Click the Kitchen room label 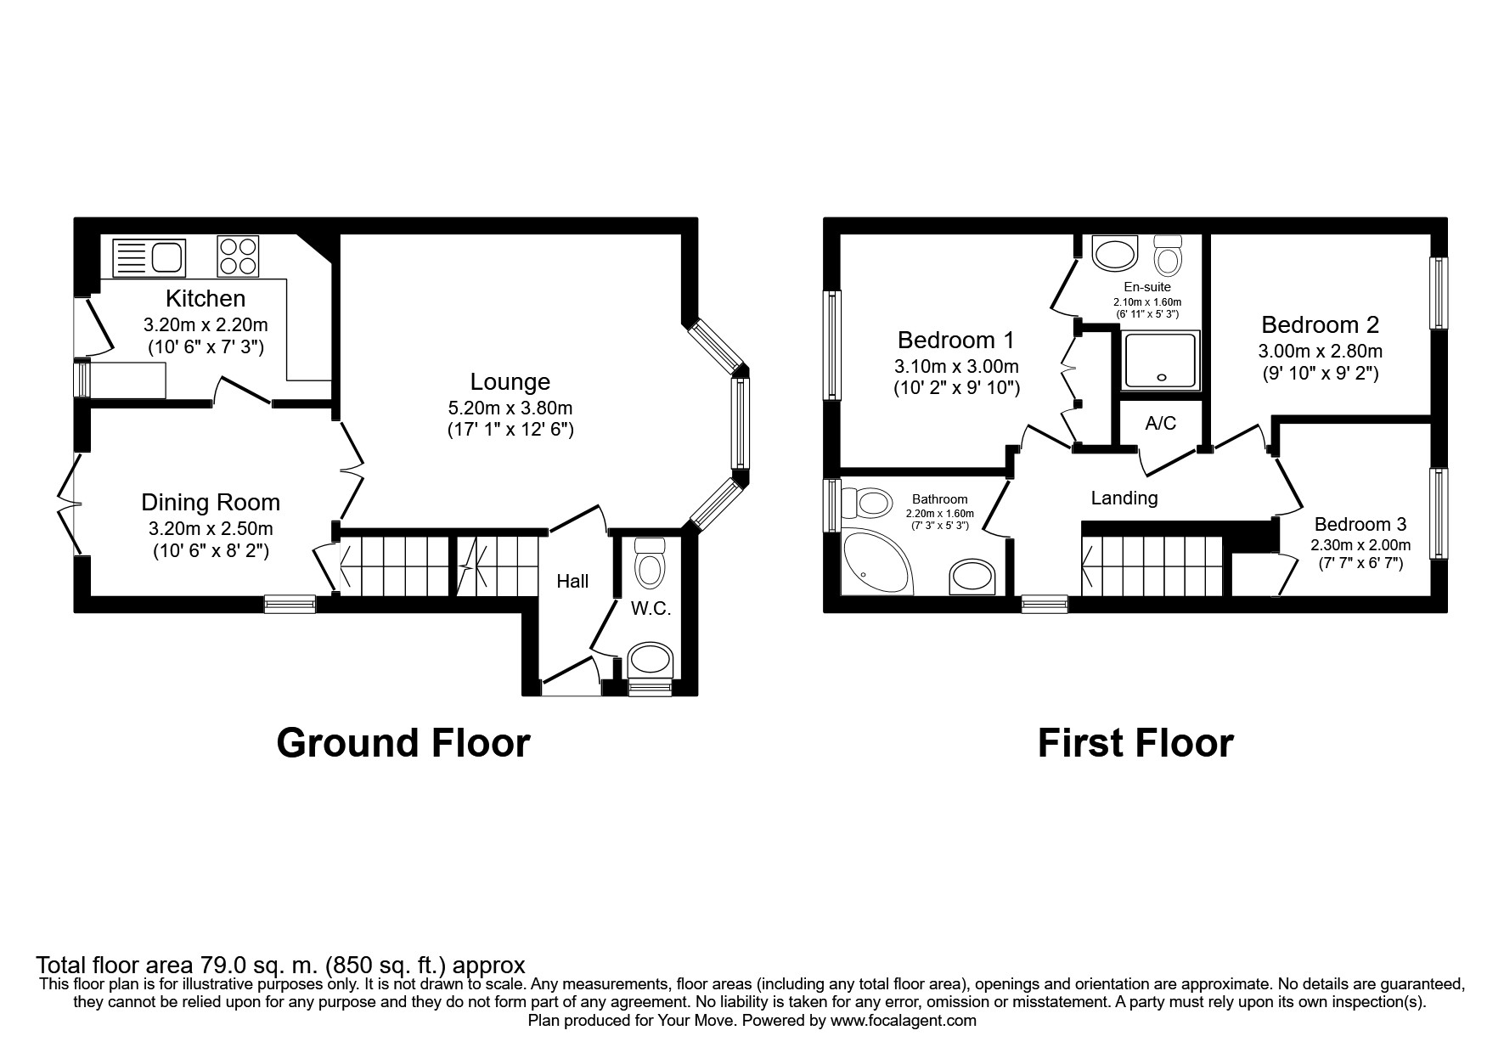point(206,299)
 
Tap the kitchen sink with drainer point(149,256)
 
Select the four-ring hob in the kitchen point(238,256)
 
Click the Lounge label point(510,382)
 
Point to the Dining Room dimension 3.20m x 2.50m point(211,528)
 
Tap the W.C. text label point(651,608)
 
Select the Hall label point(572,582)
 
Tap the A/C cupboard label point(1160,423)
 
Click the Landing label point(1124,498)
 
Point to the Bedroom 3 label point(1360,525)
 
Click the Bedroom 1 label point(955,341)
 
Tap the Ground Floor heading point(403,743)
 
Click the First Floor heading point(1135,743)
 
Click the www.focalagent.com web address point(903,1022)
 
